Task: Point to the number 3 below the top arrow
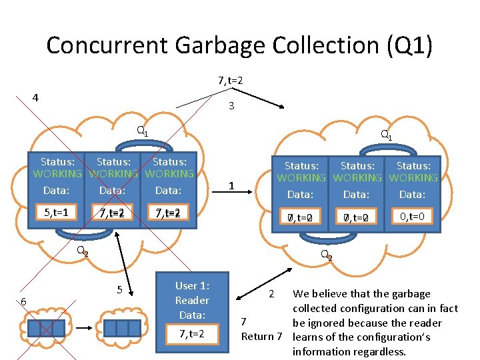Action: (x=231, y=106)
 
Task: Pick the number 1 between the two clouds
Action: (x=231, y=185)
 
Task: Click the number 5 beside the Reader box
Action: (x=119, y=290)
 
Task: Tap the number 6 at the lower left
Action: (x=23, y=302)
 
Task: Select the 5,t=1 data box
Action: (x=56, y=213)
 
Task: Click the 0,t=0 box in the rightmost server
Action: (x=413, y=215)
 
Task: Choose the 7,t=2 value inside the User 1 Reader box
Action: (x=191, y=333)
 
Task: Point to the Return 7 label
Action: (x=262, y=336)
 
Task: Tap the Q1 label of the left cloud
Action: (x=142, y=131)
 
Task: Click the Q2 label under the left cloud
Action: (x=82, y=251)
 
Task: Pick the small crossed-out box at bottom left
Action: (x=47, y=328)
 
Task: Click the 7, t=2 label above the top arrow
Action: (x=230, y=81)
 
